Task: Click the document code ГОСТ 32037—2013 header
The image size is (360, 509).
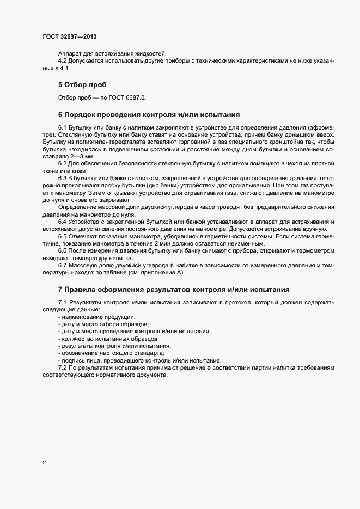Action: pyautogui.click(x=70, y=36)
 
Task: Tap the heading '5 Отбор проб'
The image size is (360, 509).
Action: pyautogui.click(x=82, y=85)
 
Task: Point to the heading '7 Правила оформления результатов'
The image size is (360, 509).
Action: pyautogui.click(x=173, y=289)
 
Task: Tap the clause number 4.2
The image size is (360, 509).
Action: pyautogui.click(x=63, y=60)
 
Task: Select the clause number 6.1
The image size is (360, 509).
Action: pyautogui.click(x=63, y=127)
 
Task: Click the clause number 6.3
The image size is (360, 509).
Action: pyautogui.click(x=63, y=178)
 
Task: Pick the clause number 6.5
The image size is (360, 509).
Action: pyautogui.click(x=63, y=236)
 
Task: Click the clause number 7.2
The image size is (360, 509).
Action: pyautogui.click(x=63, y=368)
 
